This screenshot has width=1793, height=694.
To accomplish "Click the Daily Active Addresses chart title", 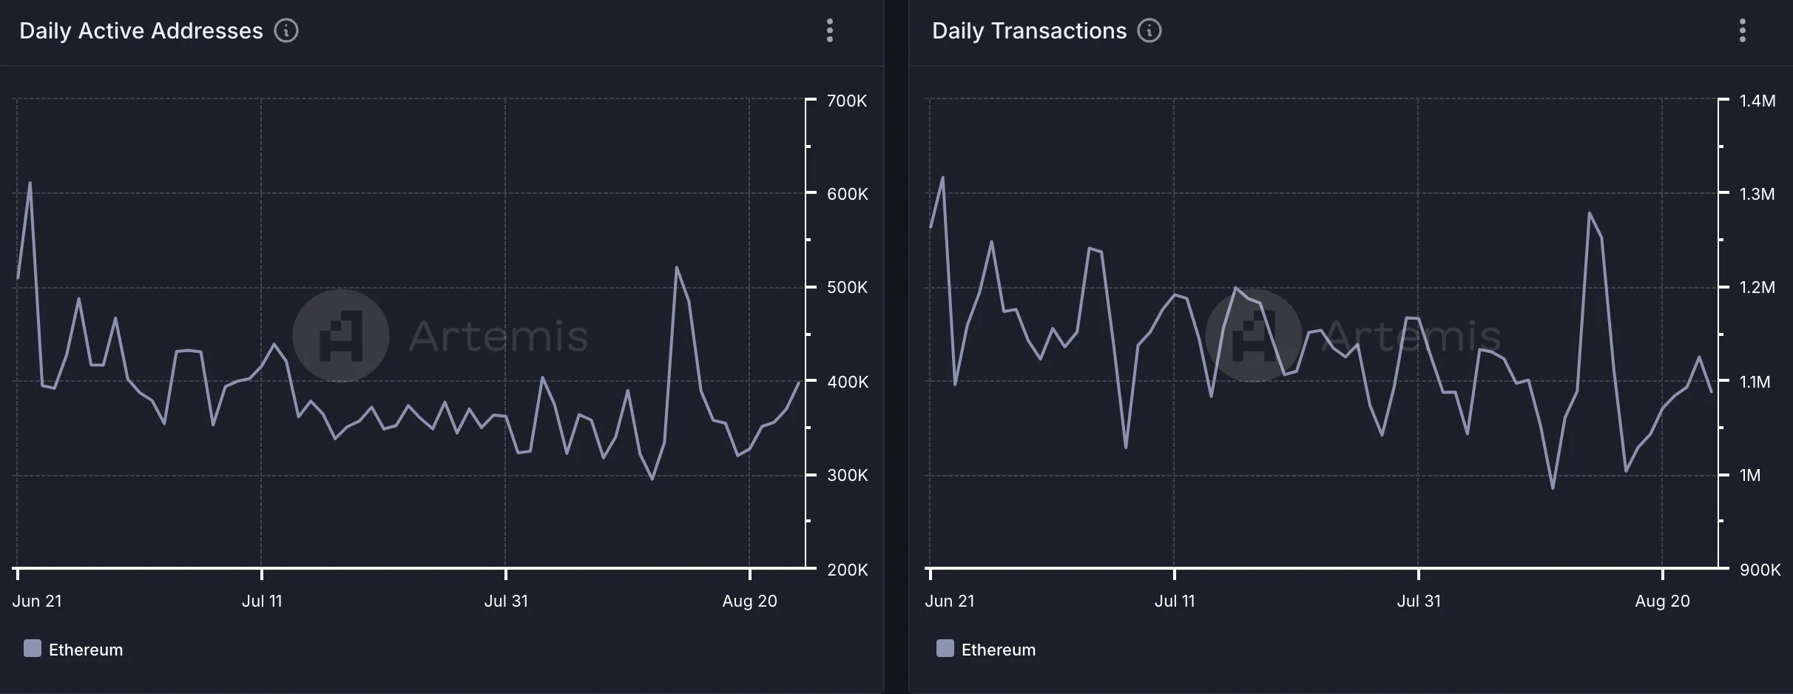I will (x=141, y=31).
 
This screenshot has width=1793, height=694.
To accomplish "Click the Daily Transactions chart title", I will (x=1029, y=31).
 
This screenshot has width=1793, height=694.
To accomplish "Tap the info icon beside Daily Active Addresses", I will (x=286, y=31).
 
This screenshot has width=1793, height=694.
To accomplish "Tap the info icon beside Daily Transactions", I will (x=1149, y=31).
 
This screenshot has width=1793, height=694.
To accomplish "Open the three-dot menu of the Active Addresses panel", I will (x=830, y=31).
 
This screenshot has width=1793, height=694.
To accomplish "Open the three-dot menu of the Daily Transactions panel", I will (x=1743, y=31).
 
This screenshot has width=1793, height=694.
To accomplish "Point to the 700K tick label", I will (x=847, y=101).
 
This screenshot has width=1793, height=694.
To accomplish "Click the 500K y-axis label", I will (x=847, y=287).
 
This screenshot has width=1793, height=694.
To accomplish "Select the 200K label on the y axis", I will (x=847, y=570).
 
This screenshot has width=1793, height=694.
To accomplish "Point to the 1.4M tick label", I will (x=1757, y=101).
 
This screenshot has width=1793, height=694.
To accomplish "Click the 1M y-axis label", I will (x=1750, y=475).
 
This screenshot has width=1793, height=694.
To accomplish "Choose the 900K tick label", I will (x=1760, y=570).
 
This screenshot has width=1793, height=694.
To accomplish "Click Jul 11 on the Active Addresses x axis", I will (x=262, y=601).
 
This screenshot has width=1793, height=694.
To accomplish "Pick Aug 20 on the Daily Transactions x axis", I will (x=1662, y=601).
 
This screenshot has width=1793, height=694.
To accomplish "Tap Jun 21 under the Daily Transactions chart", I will (x=950, y=601).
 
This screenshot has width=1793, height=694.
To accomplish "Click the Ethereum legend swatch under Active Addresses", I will (x=33, y=649).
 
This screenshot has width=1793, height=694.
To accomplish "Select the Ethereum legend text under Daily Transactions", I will (x=998, y=650).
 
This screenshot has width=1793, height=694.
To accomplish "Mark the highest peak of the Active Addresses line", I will (x=30, y=183).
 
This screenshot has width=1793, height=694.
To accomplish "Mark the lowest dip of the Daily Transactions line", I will (x=1553, y=488).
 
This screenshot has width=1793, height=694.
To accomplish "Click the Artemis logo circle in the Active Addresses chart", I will (x=341, y=336).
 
